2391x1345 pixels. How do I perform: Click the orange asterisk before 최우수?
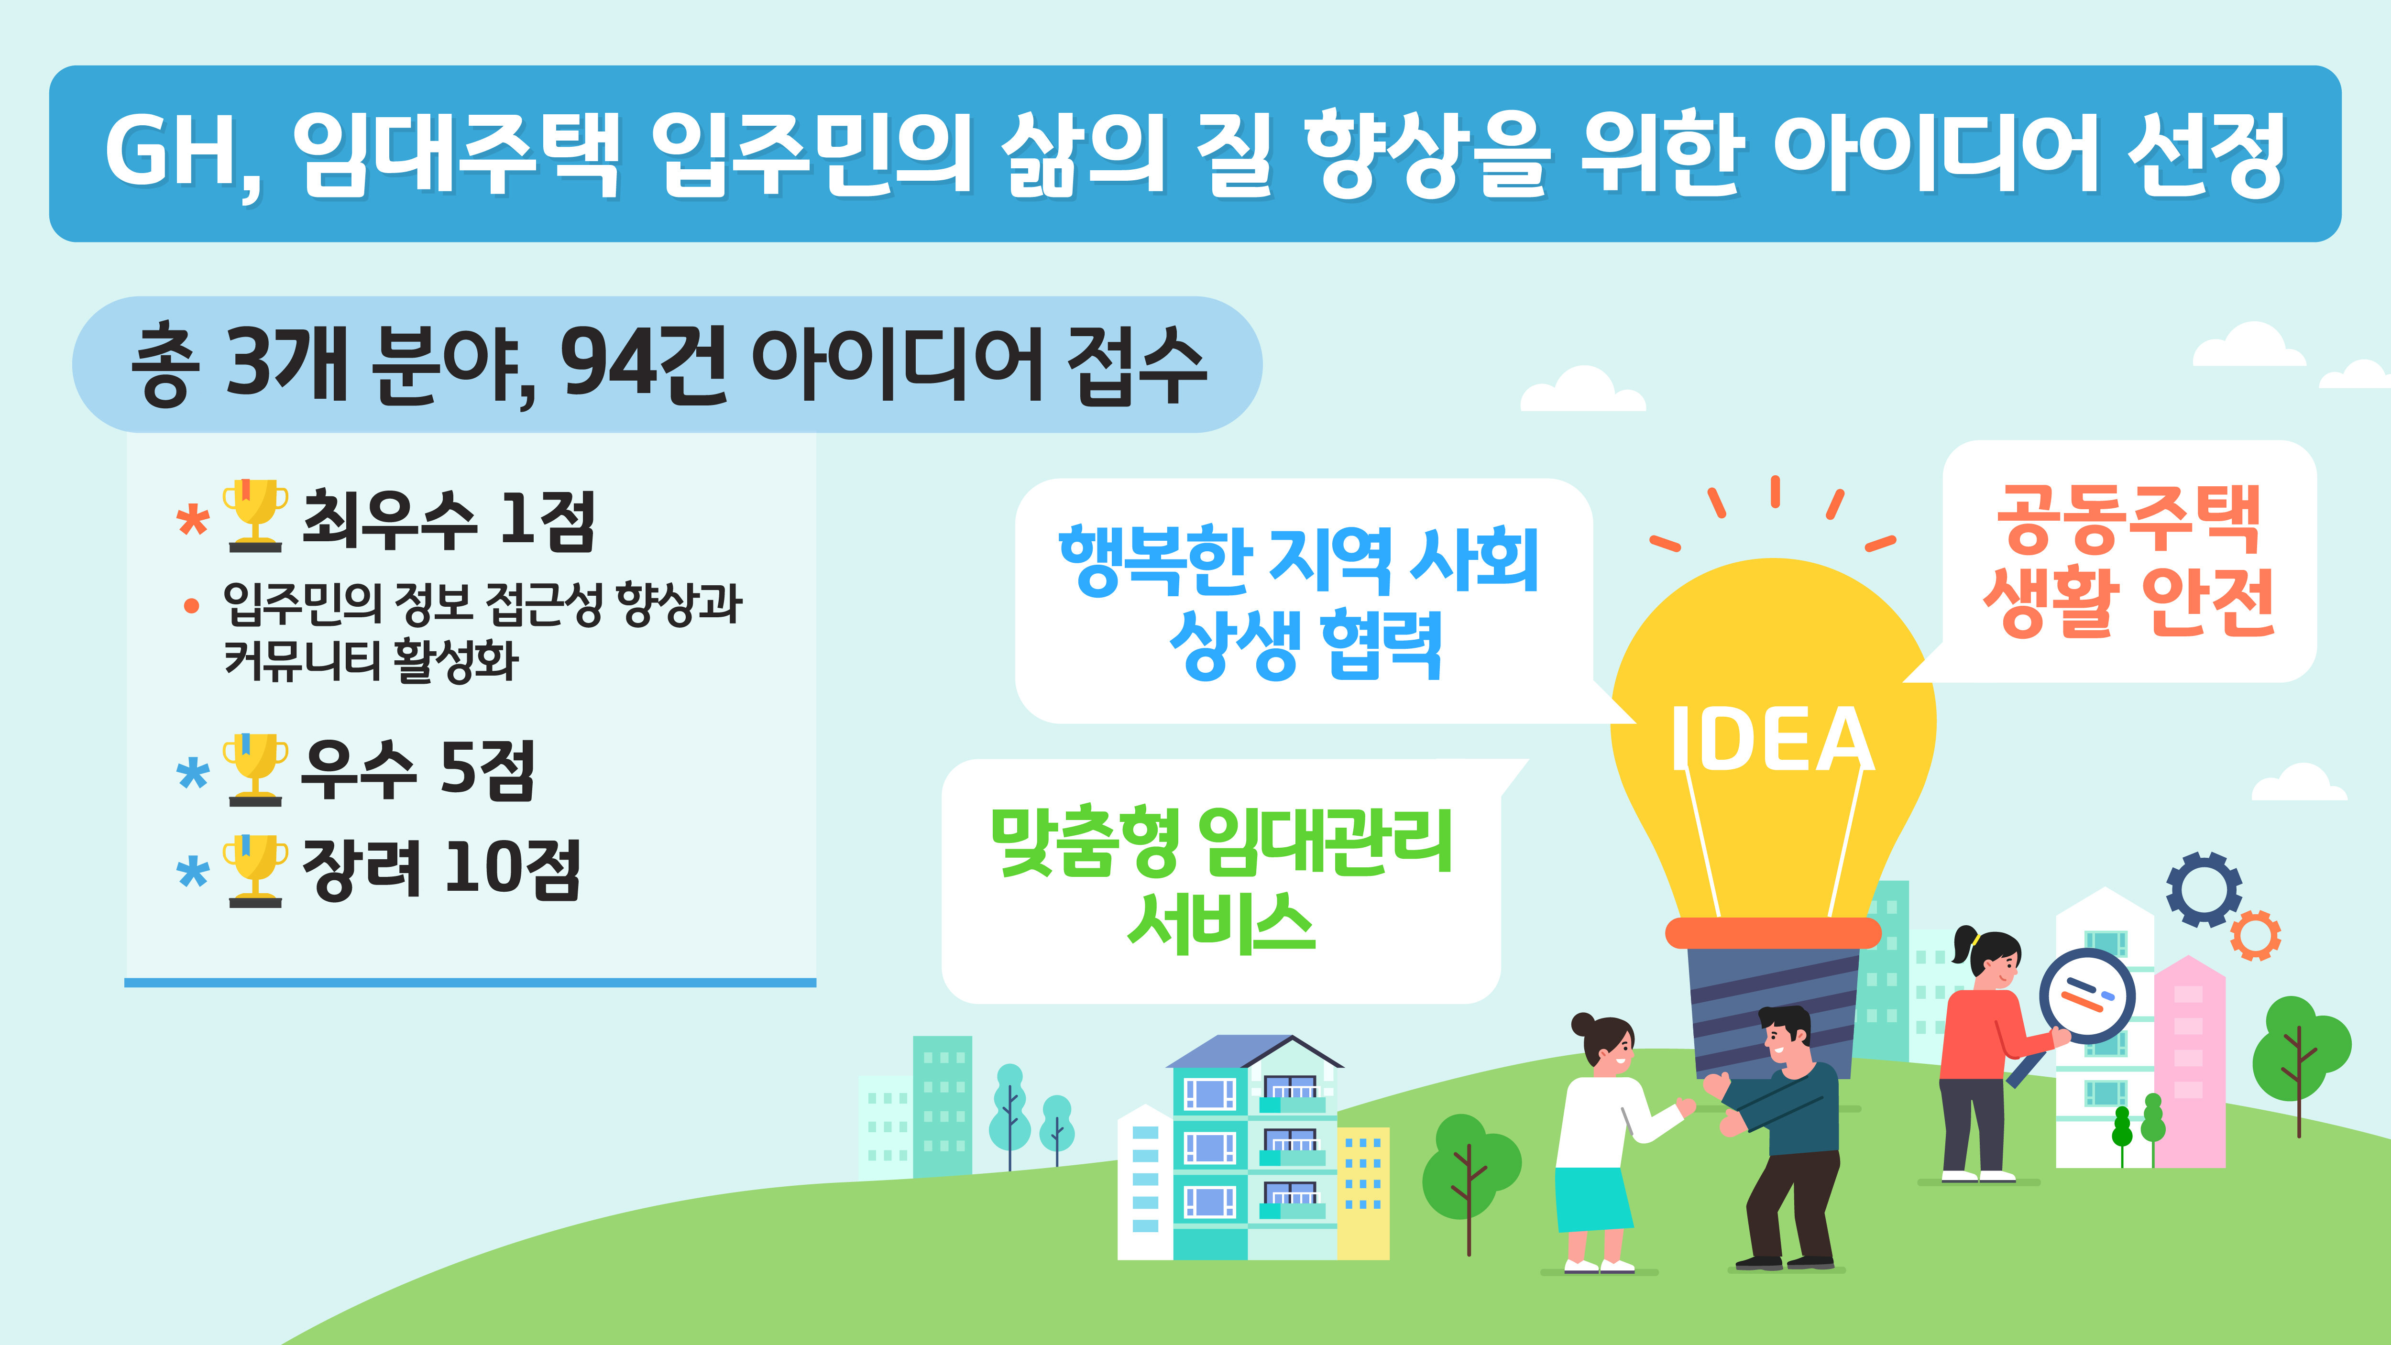coord(193,520)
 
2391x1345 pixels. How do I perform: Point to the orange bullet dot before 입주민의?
coord(191,606)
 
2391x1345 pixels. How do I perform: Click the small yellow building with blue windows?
coord(1362,1193)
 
